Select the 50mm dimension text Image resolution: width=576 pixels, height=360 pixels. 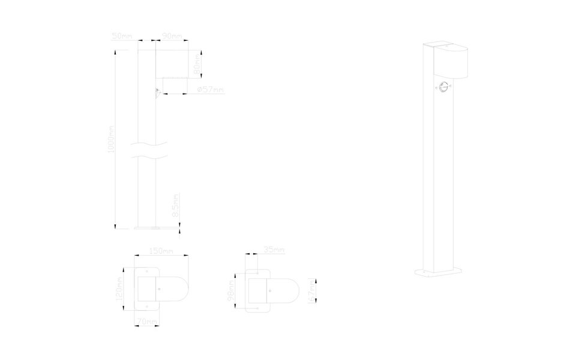point(122,37)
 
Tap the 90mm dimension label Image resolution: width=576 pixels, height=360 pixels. point(172,37)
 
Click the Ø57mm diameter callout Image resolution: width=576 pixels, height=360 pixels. point(210,90)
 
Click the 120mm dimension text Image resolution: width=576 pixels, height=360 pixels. point(120,289)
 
